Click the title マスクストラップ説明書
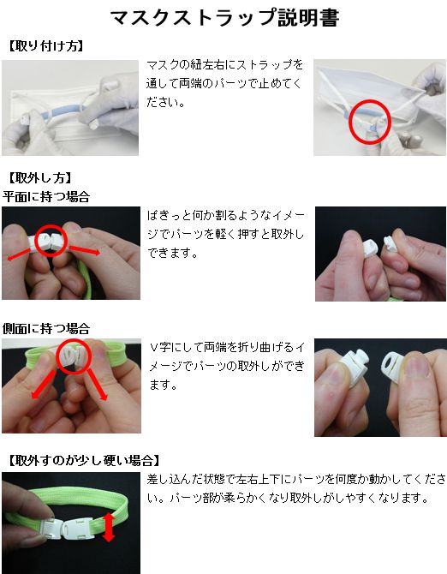[224, 17]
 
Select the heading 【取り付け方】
[45, 46]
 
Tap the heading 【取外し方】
[39, 178]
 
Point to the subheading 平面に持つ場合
[45, 196]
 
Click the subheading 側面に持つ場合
[45, 328]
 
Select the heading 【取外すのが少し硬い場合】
[83, 460]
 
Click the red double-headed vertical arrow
[109, 527]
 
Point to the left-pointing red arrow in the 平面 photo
[20, 254]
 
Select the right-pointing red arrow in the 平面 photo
[84, 250]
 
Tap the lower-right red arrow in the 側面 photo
[97, 386]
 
